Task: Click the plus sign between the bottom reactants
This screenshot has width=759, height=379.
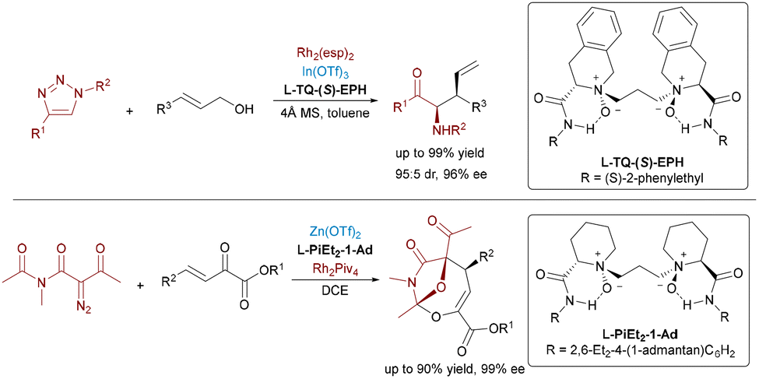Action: (x=142, y=286)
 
